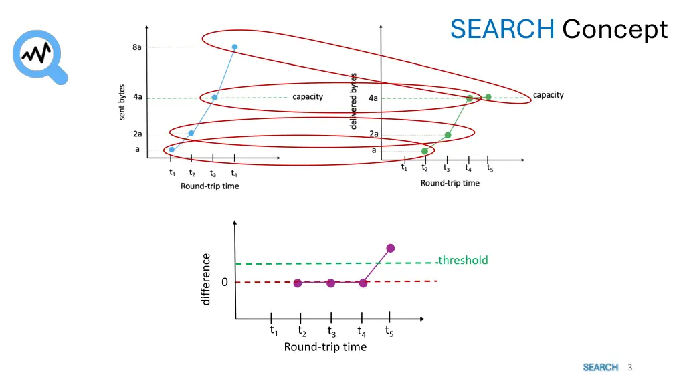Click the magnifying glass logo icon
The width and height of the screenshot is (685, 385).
40,55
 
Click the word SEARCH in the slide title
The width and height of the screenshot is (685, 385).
502,29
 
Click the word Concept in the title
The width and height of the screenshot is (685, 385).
615,29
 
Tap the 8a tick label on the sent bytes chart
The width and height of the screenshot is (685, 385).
136,47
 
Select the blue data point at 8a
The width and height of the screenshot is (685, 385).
235,47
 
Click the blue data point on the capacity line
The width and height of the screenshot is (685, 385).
215,98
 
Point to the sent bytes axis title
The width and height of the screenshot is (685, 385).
122,102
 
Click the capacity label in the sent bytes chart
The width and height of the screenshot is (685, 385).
308,97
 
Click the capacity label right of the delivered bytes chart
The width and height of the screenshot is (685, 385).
549,95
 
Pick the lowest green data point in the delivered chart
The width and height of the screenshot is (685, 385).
425,151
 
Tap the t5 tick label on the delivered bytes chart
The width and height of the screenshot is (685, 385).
490,168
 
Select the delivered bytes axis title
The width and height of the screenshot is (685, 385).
354,102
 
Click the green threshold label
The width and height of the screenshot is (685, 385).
463,260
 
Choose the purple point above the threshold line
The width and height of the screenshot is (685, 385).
391,248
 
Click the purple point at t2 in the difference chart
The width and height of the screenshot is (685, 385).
298,283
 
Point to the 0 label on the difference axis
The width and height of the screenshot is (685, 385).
225,282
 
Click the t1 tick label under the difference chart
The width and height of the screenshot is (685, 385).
274,330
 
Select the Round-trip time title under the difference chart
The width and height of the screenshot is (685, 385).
325,346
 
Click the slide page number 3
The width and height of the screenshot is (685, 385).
630,367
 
